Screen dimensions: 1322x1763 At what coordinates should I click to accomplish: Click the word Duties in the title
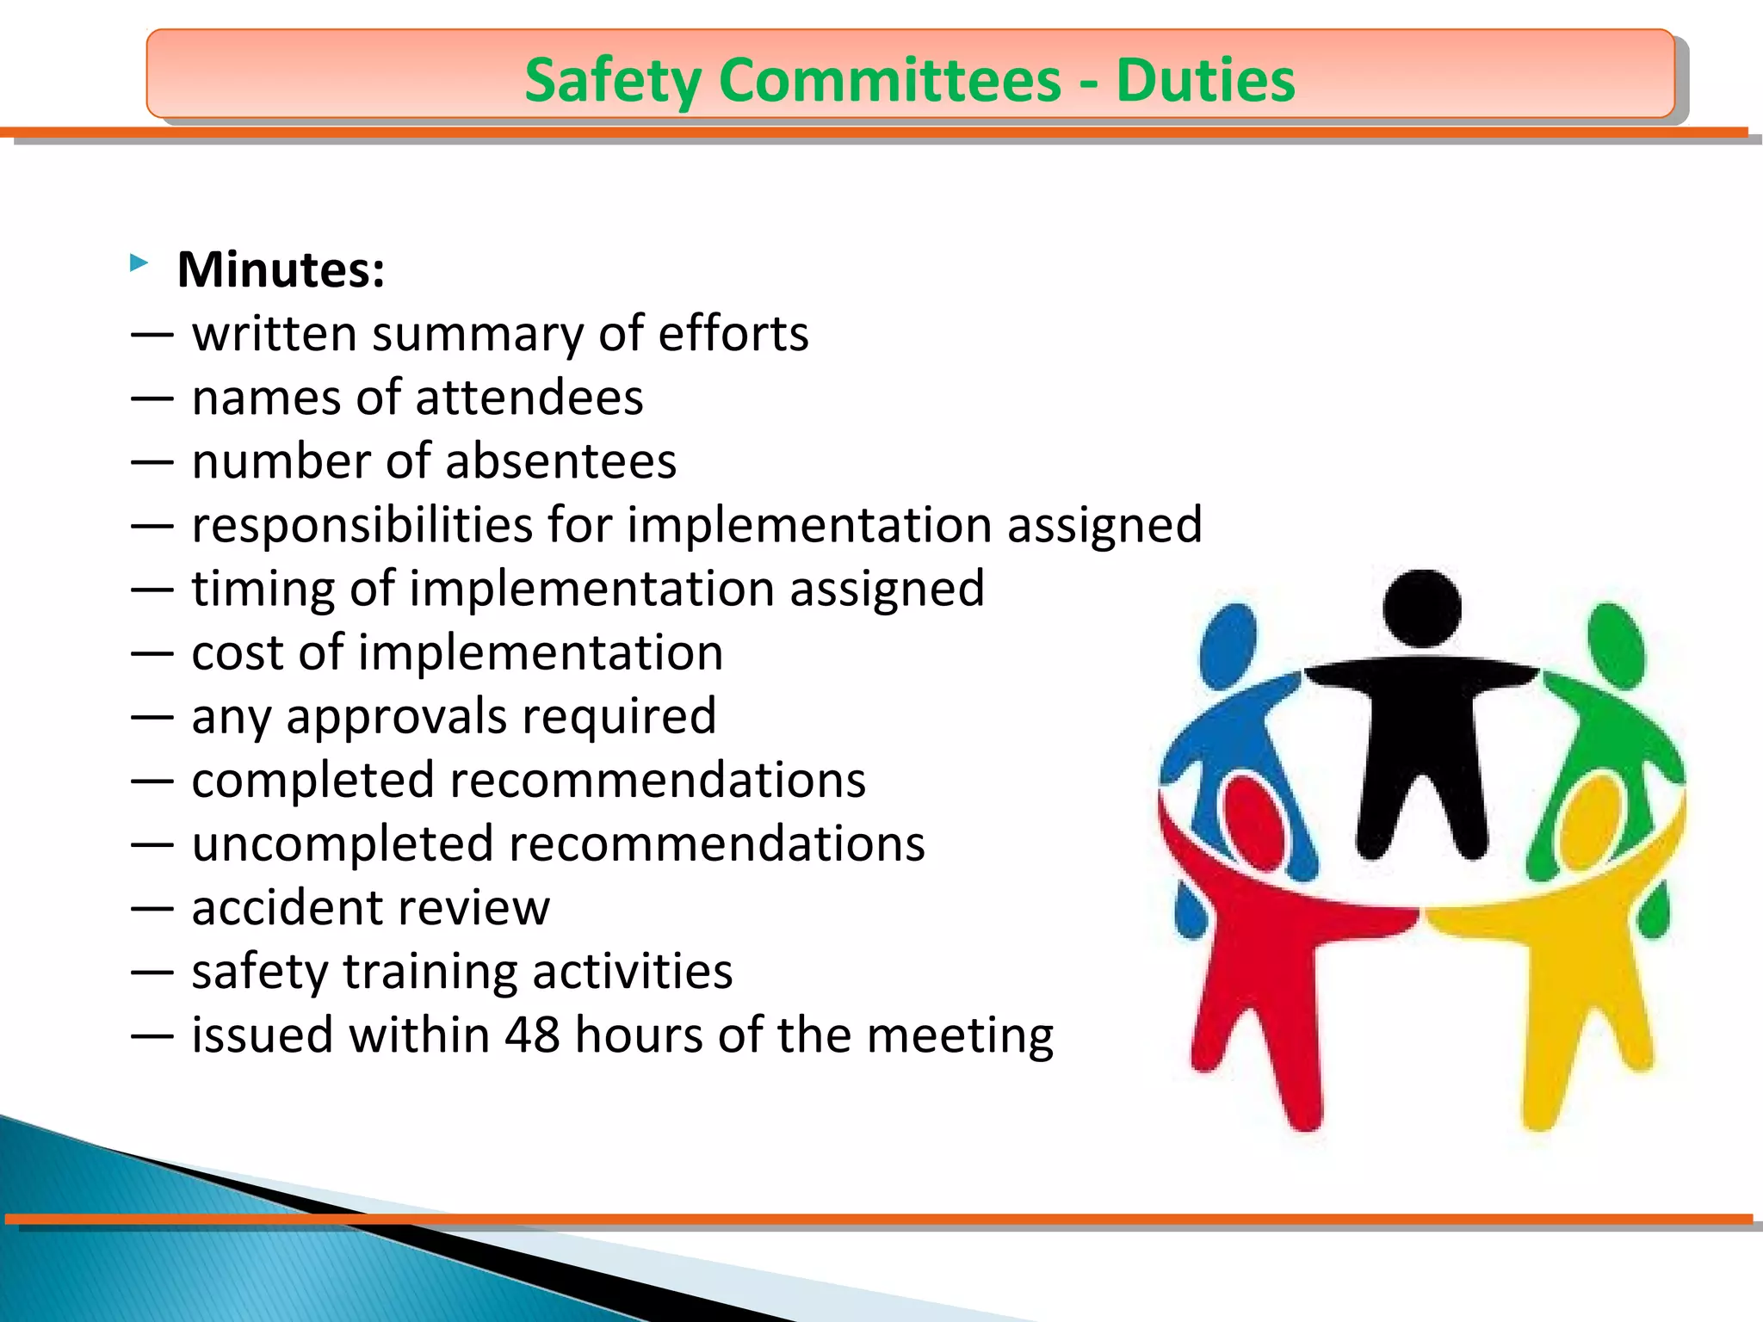[x=1205, y=80]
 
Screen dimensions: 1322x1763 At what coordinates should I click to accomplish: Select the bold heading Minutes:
[x=281, y=269]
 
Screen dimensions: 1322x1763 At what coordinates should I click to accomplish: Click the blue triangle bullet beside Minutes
[x=139, y=263]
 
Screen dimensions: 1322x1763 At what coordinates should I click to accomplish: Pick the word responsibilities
[x=362, y=525]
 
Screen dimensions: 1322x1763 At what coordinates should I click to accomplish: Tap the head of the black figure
[x=1421, y=607]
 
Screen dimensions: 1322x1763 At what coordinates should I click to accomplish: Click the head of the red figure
[x=1255, y=822]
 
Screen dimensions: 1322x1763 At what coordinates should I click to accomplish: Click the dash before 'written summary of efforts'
[x=152, y=334]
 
